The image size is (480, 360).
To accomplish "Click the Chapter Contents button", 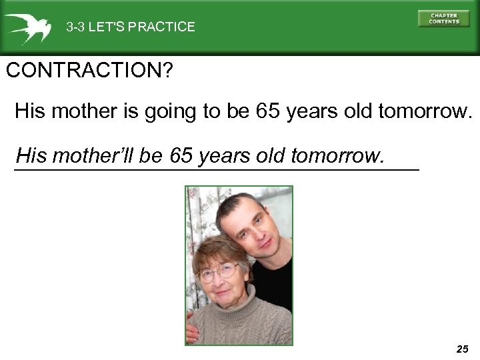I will pyautogui.click(x=443, y=18).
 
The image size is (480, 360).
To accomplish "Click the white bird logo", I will pyautogui.click(x=27, y=27).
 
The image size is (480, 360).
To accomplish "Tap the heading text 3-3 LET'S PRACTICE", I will pyautogui.click(x=130, y=27).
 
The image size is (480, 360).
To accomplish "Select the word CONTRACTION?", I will pyautogui.click(x=88, y=71).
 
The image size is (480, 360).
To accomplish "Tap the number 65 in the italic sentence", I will pyautogui.click(x=181, y=156).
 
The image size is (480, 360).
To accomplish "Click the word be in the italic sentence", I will pyautogui.click(x=152, y=156).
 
